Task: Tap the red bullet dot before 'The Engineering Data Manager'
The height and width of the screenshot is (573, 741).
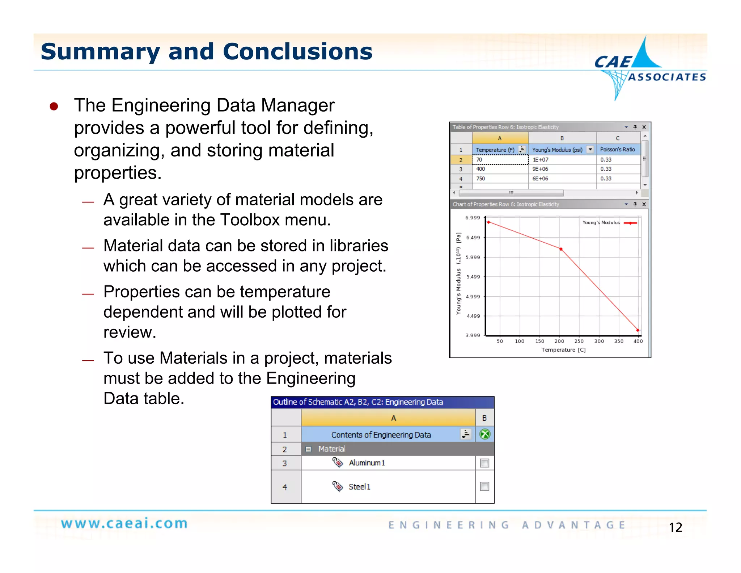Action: [54, 106]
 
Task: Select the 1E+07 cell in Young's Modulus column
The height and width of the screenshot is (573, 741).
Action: [540, 160]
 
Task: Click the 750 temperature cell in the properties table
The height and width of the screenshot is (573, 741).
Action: [480, 179]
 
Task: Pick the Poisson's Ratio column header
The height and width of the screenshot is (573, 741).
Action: [617, 150]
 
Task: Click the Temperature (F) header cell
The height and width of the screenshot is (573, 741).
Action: [495, 150]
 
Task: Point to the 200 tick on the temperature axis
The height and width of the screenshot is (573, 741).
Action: [559, 341]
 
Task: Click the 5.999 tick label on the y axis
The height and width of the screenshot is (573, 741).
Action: [473, 258]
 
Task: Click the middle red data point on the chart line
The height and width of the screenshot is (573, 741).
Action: [561, 249]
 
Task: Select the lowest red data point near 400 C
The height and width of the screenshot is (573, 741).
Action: [638, 330]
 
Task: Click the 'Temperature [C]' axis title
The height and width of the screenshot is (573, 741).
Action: [563, 350]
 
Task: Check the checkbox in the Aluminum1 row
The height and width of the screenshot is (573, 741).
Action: [484, 463]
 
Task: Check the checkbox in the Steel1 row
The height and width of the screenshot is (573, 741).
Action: [484, 486]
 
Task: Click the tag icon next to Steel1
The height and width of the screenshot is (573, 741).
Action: [338, 486]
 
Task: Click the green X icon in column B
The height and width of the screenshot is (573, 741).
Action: [484, 434]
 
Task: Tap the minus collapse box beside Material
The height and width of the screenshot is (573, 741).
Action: [308, 449]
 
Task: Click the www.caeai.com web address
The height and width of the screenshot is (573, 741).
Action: [124, 524]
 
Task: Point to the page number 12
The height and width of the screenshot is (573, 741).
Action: [675, 527]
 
